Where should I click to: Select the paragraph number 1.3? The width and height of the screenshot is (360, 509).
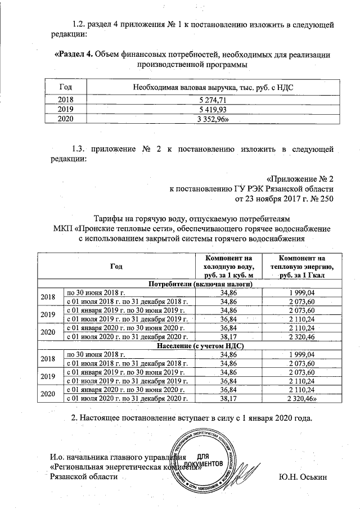click(x=82, y=149)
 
